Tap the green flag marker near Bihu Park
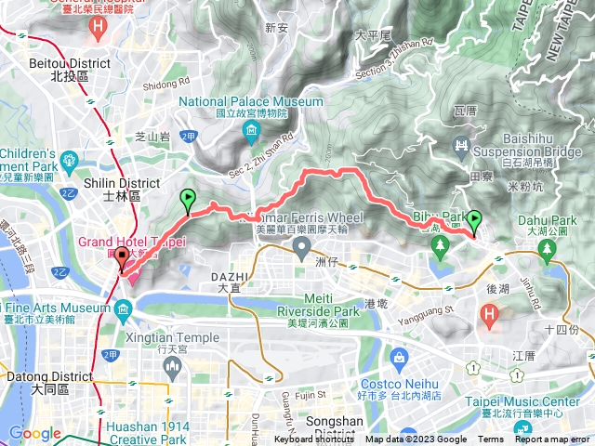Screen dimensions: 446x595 [474, 222]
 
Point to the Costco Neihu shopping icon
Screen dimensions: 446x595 [399, 357]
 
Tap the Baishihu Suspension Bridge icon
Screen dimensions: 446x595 [459, 145]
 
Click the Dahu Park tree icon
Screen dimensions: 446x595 [546, 248]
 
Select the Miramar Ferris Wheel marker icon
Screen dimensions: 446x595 [301, 246]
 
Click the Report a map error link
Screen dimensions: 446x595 [553, 439]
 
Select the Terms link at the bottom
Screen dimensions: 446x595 [491, 439]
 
